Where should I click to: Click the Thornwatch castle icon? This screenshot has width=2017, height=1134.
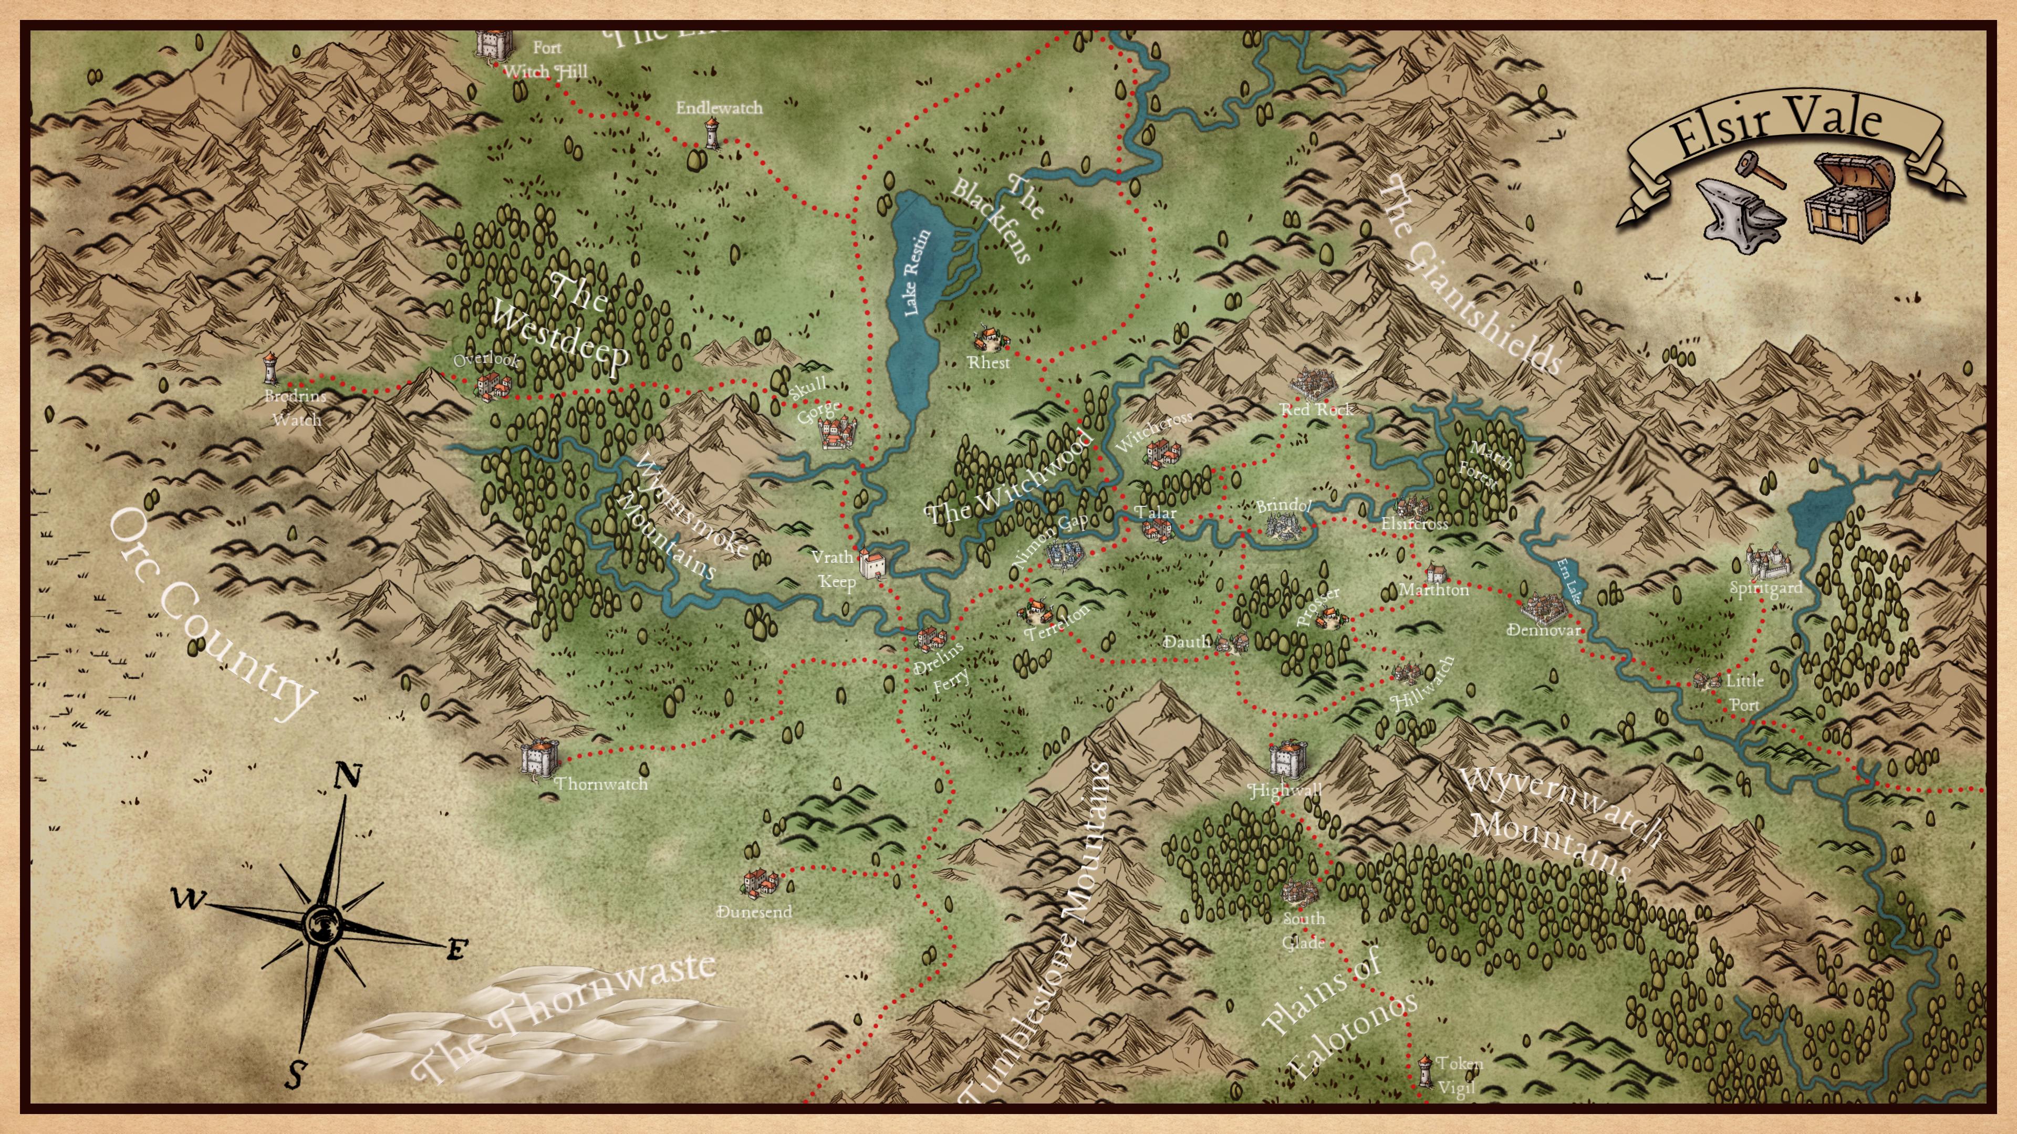(539, 756)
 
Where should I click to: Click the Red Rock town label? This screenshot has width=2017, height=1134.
(1316, 409)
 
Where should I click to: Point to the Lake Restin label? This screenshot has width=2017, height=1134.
(916, 272)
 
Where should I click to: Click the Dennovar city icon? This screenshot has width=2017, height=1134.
(1543, 607)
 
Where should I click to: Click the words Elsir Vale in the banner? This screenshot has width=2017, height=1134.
(1776, 125)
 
